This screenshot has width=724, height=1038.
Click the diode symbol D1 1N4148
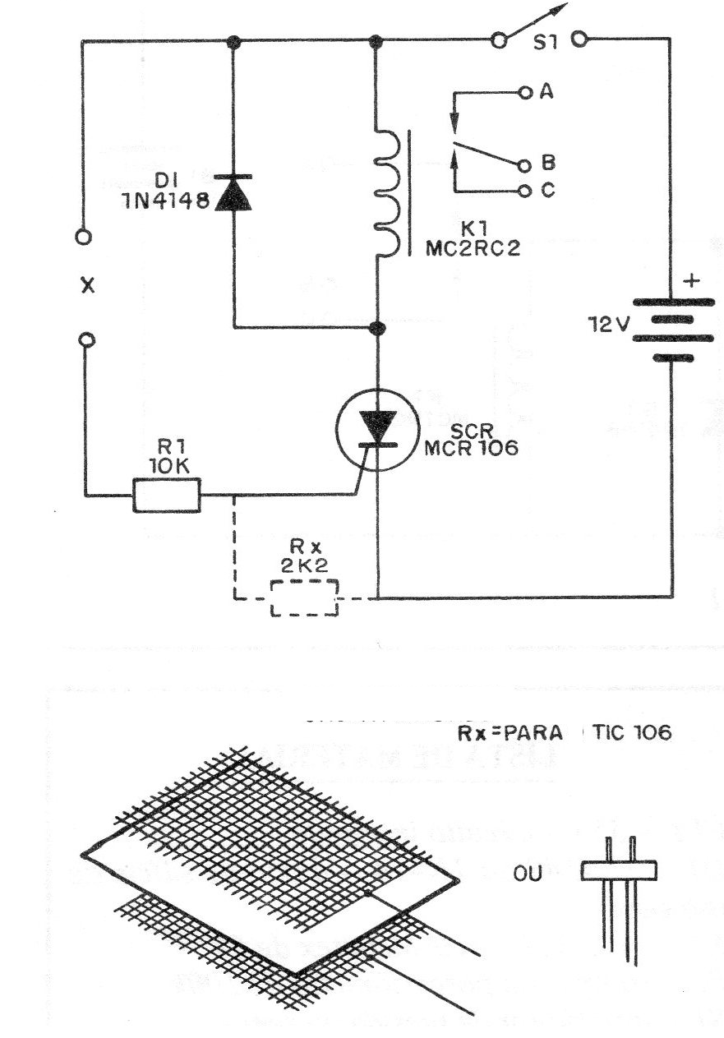[233, 192]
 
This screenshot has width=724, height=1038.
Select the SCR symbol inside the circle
[377, 430]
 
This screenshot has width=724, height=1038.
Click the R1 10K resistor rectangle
[167, 496]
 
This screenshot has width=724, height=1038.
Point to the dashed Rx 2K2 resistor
[304, 597]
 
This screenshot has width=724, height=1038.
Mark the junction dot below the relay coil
[377, 328]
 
